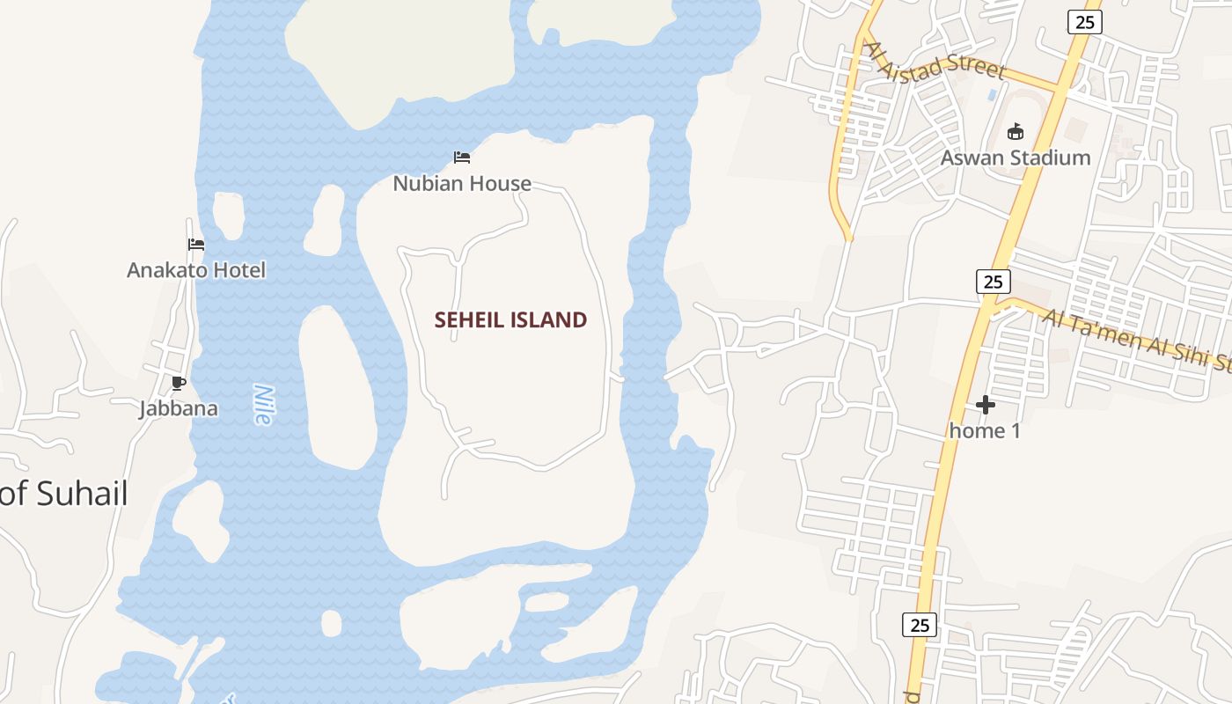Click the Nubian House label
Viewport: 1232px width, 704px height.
click(462, 183)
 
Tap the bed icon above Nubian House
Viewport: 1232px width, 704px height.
click(462, 158)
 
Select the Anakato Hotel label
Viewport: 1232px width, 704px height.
click(195, 269)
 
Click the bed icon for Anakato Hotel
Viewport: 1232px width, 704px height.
click(196, 245)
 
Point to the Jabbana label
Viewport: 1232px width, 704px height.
click(179, 408)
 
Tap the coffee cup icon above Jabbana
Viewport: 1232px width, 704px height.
click(179, 383)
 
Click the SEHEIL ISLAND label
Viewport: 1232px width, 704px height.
click(510, 319)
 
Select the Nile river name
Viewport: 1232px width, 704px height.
click(262, 405)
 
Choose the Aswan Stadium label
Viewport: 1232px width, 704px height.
click(1016, 158)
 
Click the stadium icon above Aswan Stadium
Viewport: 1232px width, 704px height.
click(1016, 132)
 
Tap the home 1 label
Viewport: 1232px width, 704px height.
click(985, 430)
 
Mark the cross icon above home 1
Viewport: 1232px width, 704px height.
click(986, 405)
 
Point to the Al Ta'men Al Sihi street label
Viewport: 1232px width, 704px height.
click(1135, 341)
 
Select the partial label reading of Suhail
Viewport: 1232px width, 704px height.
click(64, 494)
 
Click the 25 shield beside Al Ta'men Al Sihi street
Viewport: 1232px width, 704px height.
click(993, 282)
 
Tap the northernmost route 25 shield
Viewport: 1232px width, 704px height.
click(1084, 22)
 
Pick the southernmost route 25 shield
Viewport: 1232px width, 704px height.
click(920, 625)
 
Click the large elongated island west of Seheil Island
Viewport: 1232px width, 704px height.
click(338, 387)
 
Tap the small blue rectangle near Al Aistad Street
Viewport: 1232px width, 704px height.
click(993, 93)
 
